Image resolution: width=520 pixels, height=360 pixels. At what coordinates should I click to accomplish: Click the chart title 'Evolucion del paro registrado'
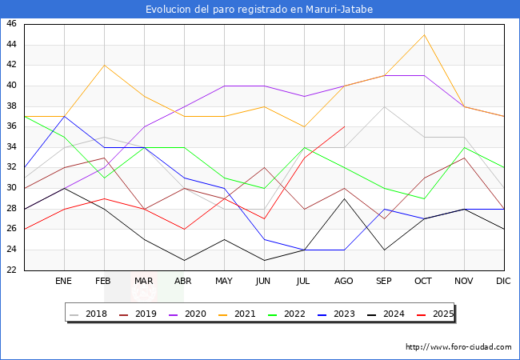coord(259,10)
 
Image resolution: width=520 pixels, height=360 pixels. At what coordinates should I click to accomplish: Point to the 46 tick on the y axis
coord(11,24)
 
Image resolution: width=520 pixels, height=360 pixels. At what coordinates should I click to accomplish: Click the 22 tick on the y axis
coord(11,270)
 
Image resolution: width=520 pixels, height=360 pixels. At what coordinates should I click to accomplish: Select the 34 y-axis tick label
coord(11,147)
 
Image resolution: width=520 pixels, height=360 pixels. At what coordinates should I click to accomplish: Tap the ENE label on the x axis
coord(64,282)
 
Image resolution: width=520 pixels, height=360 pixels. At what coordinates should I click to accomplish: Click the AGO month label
coord(344,282)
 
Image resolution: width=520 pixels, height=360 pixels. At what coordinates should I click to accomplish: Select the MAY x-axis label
coord(224,282)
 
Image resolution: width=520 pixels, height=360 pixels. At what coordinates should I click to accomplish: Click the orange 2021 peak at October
coord(424,34)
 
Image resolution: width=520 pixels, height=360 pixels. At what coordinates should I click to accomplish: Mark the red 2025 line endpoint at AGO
coord(344,126)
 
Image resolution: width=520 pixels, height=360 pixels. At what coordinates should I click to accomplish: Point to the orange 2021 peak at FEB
coord(104,65)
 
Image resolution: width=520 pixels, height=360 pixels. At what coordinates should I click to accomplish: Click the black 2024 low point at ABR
coord(184,260)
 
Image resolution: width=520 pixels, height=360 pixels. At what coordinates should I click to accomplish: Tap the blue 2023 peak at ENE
coord(64,116)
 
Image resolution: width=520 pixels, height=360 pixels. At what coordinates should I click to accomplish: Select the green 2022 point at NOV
coord(464,147)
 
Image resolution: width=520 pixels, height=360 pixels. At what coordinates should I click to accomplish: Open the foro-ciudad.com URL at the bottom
coord(458,347)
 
